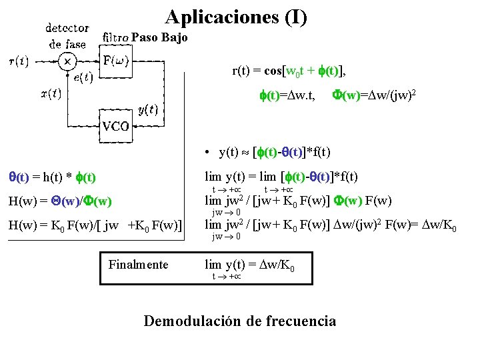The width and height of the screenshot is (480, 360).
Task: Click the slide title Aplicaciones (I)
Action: tap(236, 17)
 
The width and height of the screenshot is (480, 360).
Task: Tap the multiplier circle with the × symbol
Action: tap(67, 62)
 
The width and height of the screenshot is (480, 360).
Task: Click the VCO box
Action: tap(115, 126)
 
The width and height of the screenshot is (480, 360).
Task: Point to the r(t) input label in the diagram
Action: tap(18, 62)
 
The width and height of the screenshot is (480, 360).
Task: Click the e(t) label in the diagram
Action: tap(83, 78)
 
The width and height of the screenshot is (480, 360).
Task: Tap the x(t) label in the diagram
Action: tap(51, 94)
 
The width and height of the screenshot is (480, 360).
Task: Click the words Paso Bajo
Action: tap(159, 38)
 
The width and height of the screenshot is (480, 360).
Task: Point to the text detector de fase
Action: tap(68, 37)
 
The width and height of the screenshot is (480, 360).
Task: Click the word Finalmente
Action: tap(139, 265)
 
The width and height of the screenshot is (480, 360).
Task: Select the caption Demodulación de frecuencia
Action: tap(239, 321)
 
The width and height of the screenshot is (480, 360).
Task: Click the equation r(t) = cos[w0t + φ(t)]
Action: tap(289, 71)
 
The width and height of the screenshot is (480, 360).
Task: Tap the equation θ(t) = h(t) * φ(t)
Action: tap(52, 177)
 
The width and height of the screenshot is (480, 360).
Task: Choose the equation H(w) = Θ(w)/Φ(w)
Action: tap(60, 201)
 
